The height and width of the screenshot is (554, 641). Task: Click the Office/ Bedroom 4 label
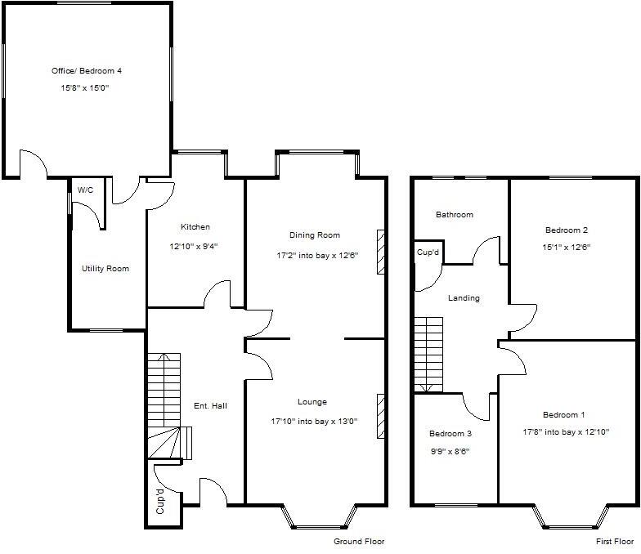pyautogui.click(x=86, y=71)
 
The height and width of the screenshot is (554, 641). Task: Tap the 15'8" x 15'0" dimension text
pyautogui.click(x=86, y=87)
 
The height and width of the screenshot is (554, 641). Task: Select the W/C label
pyautogui.click(x=85, y=190)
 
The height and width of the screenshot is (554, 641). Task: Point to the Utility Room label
pyautogui.click(x=105, y=269)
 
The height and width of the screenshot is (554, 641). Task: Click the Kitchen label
pyautogui.click(x=195, y=227)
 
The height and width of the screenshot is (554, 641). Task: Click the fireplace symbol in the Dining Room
pyautogui.click(x=380, y=252)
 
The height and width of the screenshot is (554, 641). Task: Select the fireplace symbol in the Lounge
pyautogui.click(x=380, y=416)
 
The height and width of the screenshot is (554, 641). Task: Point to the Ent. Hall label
pyautogui.click(x=209, y=406)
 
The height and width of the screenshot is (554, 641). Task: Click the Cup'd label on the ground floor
pyautogui.click(x=160, y=500)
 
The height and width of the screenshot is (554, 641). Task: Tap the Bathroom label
pyautogui.click(x=454, y=215)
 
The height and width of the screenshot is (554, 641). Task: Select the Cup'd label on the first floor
pyautogui.click(x=428, y=252)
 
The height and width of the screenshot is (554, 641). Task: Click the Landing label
pyautogui.click(x=464, y=298)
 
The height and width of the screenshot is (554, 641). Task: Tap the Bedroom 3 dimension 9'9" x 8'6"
pyautogui.click(x=450, y=451)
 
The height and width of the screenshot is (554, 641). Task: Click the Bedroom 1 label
pyautogui.click(x=565, y=415)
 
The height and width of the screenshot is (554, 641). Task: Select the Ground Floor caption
pyautogui.click(x=359, y=542)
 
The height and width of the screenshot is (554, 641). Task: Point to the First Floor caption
pyautogui.click(x=613, y=542)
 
